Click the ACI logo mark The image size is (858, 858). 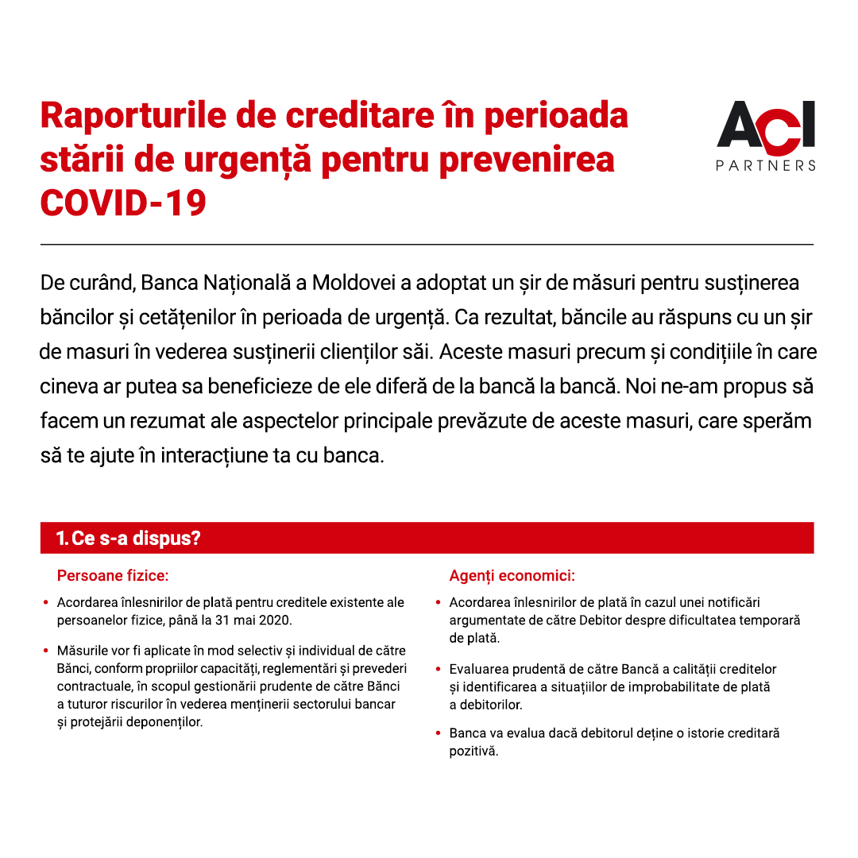[766, 126]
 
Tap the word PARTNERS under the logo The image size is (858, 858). [766, 165]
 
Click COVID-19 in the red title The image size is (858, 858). [123, 203]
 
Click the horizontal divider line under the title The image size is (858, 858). [427, 244]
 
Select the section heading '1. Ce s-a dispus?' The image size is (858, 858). [128, 538]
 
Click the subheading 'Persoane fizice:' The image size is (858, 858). [113, 574]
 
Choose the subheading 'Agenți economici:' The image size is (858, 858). [512, 574]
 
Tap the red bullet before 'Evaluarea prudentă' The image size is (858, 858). [438, 669]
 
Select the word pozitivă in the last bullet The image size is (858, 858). [473, 751]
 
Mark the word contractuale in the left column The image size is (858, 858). [92, 686]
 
